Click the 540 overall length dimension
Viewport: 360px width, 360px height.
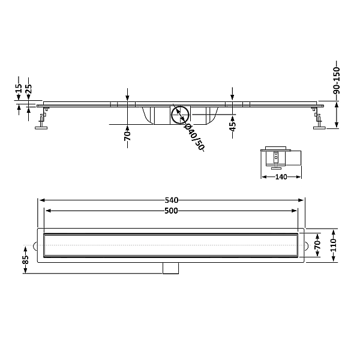[x=172, y=200]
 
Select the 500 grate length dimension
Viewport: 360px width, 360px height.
[x=171, y=211]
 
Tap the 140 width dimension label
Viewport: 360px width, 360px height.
[x=281, y=177]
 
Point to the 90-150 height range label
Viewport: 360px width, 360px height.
[x=337, y=80]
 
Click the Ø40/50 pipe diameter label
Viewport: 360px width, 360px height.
[x=194, y=137]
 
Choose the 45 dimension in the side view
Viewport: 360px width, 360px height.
[x=233, y=126]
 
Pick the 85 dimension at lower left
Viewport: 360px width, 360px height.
[x=25, y=260]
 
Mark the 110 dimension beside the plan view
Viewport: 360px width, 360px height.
[x=334, y=245]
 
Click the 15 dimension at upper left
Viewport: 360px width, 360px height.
[x=19, y=88]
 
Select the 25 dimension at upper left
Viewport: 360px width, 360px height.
[x=29, y=89]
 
